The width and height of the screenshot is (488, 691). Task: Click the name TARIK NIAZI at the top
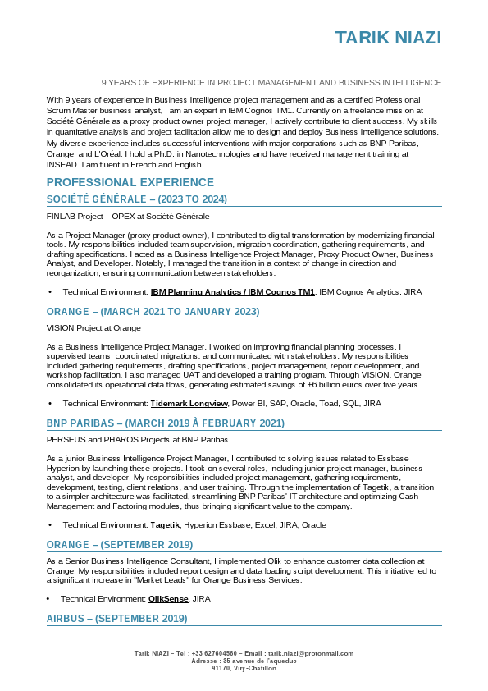(388, 38)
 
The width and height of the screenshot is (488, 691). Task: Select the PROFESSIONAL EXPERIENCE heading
(130, 182)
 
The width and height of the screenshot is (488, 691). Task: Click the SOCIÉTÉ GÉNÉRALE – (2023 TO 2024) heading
(136, 199)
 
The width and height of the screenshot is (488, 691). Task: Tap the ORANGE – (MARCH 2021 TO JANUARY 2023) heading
(153, 311)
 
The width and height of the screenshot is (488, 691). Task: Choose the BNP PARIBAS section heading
(165, 423)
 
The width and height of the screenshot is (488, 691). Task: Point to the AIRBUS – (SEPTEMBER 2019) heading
(116, 618)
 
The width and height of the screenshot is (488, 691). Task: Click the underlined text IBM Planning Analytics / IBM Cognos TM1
(232, 291)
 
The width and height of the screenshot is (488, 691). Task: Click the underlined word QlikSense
(169, 599)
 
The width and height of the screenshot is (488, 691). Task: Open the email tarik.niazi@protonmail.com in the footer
(311, 653)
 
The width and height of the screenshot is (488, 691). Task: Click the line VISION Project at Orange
(93, 328)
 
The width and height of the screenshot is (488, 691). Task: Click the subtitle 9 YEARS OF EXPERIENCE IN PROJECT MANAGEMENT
(271, 83)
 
